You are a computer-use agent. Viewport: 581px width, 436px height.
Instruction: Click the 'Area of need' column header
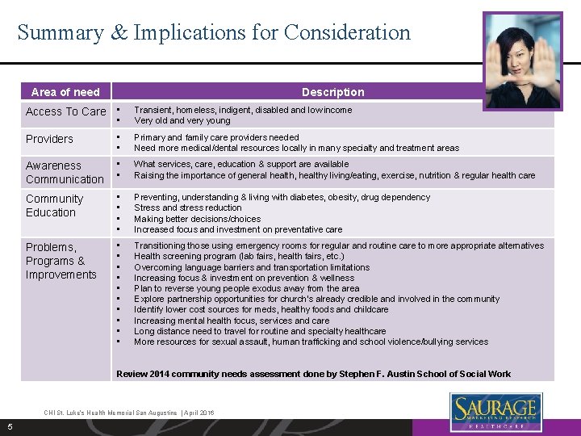pyautogui.click(x=65, y=92)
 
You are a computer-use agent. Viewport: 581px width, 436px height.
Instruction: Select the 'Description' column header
pyautogui.click(x=332, y=92)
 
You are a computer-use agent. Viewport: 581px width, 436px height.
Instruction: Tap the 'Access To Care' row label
pyautogui.click(x=65, y=111)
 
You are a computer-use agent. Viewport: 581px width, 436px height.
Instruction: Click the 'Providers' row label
pyautogui.click(x=49, y=139)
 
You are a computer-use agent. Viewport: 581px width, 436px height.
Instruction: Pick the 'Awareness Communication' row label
pyautogui.click(x=65, y=173)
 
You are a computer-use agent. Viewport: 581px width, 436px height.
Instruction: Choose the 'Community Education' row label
pyautogui.click(x=54, y=206)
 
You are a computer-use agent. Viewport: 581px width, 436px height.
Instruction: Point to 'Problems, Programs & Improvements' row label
pyautogui.click(x=61, y=261)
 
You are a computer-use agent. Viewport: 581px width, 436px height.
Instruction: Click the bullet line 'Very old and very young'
pyautogui.click(x=182, y=121)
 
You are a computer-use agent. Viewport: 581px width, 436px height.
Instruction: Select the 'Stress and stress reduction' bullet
pyautogui.click(x=187, y=208)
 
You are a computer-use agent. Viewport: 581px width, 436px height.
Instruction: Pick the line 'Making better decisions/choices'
pyautogui.click(x=197, y=219)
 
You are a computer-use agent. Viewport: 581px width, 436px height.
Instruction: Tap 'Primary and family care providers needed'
pyautogui.click(x=216, y=137)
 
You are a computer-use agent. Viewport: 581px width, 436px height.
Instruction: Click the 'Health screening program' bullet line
pyautogui.click(x=238, y=257)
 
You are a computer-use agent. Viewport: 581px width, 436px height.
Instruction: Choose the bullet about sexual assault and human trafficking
pyautogui.click(x=311, y=342)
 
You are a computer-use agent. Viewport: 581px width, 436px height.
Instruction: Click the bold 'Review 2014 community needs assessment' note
pyautogui.click(x=313, y=374)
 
